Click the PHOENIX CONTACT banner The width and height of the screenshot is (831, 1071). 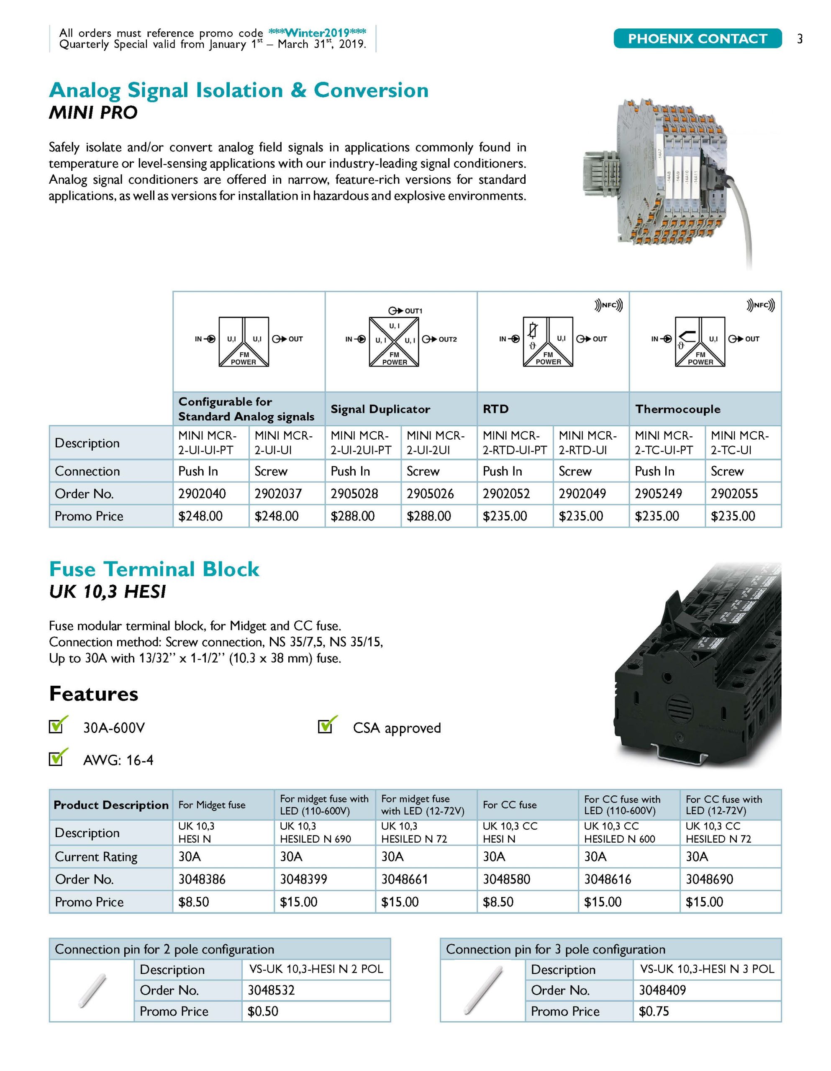[697, 39]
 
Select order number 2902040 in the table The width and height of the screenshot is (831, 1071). [202, 493]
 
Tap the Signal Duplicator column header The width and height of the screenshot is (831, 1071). [380, 409]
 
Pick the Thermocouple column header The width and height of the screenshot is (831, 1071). [677, 409]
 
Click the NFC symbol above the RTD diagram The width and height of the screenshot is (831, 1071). [608, 305]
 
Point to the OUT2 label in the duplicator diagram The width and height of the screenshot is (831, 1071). [447, 339]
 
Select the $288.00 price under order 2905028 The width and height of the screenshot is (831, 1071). [352, 516]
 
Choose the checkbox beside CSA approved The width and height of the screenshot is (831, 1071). [325, 726]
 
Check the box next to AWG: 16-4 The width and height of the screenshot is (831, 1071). [56, 758]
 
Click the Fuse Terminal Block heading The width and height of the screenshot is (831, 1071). [154, 569]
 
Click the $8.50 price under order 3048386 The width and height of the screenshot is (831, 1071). [193, 902]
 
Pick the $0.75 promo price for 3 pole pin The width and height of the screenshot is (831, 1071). [654, 1011]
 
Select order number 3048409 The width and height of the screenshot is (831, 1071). [662, 990]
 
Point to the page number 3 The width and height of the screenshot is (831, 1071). [800, 39]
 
